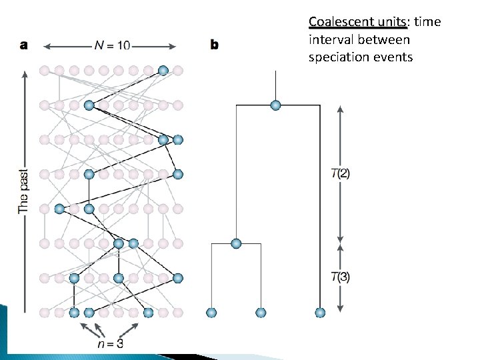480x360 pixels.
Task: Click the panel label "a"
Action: click(24, 46)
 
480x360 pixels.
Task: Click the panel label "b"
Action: click(215, 46)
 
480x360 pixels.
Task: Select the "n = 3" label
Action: click(109, 344)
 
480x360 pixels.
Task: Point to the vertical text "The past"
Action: click(23, 191)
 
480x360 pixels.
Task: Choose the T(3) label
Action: click(341, 277)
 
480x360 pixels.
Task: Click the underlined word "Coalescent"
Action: click(337, 22)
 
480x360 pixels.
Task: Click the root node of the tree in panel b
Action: click(275, 105)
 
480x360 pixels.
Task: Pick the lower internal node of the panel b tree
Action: click(236, 243)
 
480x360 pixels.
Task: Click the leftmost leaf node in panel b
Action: click(212, 313)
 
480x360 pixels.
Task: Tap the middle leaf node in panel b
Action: click(261, 313)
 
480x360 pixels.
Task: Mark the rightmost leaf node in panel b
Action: click(320, 313)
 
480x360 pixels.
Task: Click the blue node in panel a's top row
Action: click(163, 70)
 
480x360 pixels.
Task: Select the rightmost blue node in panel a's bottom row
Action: click(149, 313)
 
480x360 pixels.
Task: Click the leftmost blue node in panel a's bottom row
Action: click(74, 313)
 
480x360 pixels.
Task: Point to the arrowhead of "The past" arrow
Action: click(25, 73)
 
